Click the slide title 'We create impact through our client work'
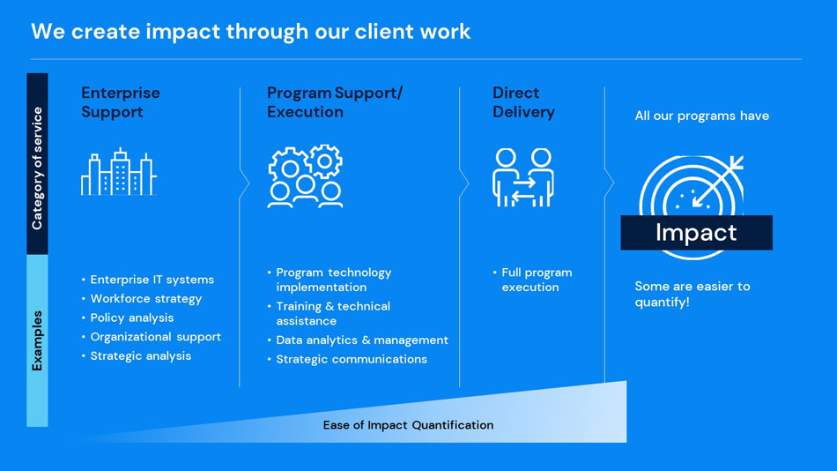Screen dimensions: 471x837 (x=251, y=32)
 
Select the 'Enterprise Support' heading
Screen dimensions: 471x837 (x=121, y=102)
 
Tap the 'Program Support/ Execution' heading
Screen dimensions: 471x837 (x=334, y=102)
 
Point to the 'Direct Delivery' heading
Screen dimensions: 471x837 (x=523, y=102)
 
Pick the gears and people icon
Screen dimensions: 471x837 (x=306, y=176)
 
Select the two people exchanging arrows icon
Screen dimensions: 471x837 (x=522, y=176)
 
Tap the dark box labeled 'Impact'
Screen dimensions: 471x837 (x=696, y=233)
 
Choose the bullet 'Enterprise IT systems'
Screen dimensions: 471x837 (x=152, y=280)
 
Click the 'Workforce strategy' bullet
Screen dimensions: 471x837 (x=145, y=299)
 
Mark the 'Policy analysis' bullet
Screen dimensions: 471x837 (x=132, y=318)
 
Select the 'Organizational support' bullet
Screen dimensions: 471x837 (x=155, y=337)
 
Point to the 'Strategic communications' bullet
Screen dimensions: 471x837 (x=351, y=359)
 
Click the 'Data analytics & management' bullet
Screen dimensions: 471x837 (x=361, y=340)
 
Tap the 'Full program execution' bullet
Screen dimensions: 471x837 (x=536, y=280)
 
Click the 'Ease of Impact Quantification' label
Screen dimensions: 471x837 (x=408, y=425)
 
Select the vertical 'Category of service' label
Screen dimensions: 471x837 (x=37, y=168)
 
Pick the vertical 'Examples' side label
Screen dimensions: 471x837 (x=37, y=340)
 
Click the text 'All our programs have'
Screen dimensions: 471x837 (x=701, y=116)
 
